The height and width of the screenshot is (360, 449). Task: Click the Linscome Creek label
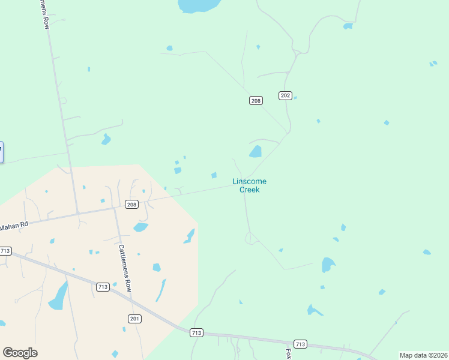(249, 185)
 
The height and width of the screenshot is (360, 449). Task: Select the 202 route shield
(285, 95)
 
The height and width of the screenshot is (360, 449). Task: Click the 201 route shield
(134, 318)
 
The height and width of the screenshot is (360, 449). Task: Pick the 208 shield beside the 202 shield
(256, 101)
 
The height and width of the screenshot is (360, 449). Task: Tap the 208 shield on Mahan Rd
(131, 205)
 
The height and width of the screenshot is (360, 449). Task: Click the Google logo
(20, 353)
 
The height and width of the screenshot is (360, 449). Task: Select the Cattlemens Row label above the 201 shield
(124, 268)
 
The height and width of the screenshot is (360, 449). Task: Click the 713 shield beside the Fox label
(301, 344)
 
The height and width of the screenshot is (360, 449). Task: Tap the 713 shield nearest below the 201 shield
(196, 332)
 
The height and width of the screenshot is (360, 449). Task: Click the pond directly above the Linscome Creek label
(256, 151)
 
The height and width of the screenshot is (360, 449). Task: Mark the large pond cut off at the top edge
(199, 5)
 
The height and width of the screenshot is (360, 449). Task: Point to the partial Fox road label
(289, 354)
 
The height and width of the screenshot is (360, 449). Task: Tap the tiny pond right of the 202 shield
(295, 97)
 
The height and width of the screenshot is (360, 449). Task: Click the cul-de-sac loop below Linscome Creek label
(250, 238)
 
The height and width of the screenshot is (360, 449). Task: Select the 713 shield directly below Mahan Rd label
(5, 251)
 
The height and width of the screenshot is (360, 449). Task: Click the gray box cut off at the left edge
(1, 152)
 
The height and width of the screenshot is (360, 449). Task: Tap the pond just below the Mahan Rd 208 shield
(140, 227)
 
